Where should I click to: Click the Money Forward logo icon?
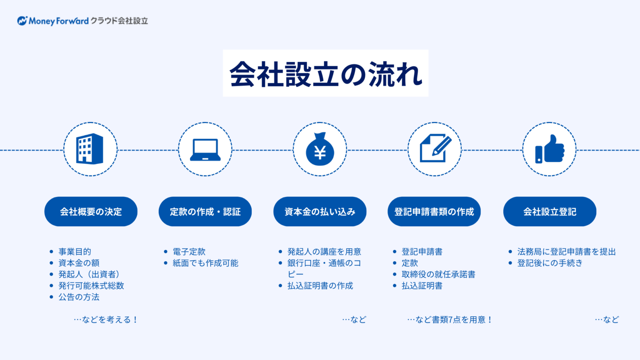[22, 20]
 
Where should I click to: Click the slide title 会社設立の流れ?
[326, 74]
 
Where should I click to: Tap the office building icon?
[90, 149]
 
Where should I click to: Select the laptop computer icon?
[205, 150]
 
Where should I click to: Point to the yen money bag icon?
[320, 149]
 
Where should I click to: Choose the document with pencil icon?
[435, 148]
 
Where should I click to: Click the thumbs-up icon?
[550, 149]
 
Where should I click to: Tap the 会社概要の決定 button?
[91, 211]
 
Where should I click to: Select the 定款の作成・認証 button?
[205, 211]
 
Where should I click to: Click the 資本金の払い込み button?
[320, 211]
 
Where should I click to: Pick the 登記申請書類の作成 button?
[434, 211]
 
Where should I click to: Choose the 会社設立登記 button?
[550, 211]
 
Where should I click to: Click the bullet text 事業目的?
[75, 252]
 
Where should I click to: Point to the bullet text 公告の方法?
[79, 297]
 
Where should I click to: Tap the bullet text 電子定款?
[189, 252]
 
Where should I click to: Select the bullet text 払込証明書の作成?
[320, 286]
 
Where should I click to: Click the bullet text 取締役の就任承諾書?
[439, 274]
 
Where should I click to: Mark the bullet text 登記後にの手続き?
[550, 263]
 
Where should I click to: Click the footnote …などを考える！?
[106, 320]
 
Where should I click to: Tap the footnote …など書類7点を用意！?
[450, 320]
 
